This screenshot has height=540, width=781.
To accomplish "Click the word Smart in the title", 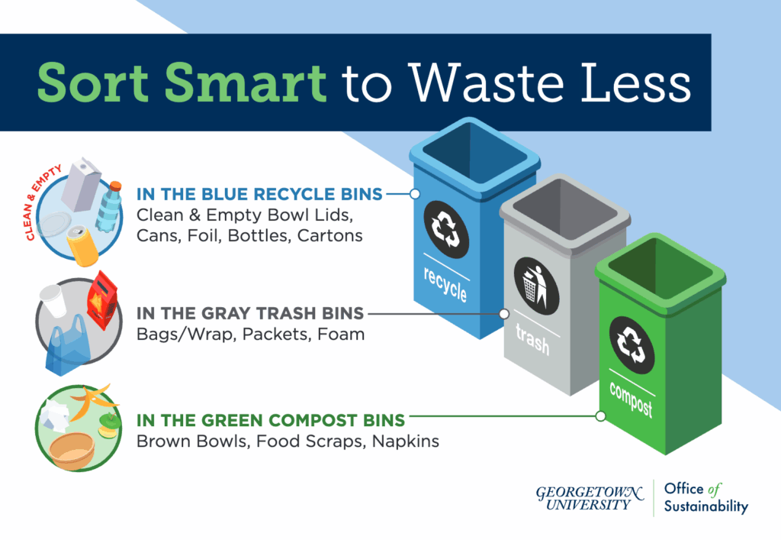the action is coord(245,82).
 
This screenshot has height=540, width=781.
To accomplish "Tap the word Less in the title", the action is coord(636,82).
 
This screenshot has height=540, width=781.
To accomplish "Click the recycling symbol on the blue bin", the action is coord(446,229).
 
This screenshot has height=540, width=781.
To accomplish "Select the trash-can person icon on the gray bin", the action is coord(536,286).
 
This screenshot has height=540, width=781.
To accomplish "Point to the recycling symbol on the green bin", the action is coord(632,344).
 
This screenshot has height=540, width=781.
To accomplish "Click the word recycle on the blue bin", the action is coord(445,284).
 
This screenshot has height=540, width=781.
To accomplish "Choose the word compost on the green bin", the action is coord(631,399).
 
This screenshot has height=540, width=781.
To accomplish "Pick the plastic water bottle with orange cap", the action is coord(109,206).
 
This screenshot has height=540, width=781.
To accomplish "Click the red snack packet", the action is coord(102,300).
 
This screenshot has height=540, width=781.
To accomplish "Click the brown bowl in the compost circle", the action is coord(72,451).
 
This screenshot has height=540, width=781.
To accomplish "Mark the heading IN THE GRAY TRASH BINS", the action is coord(250,313).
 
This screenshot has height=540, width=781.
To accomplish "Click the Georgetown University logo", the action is coord(590,498).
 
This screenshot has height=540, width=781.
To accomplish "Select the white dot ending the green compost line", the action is coord(601,416).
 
